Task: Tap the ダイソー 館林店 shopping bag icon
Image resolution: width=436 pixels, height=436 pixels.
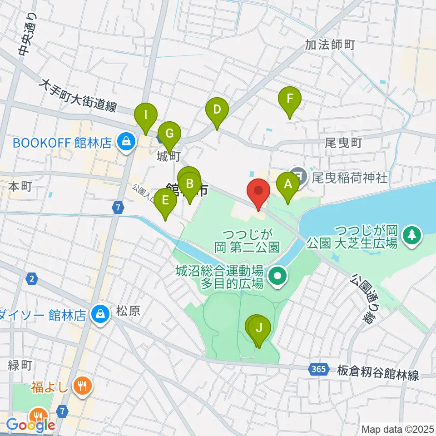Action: pos(99,314)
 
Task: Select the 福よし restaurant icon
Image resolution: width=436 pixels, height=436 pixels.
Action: pos(83,386)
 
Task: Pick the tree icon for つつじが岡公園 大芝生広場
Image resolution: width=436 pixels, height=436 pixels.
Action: pos(411,235)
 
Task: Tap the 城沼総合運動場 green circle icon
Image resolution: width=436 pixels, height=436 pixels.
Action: pos(277,275)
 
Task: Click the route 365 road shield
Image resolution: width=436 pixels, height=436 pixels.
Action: pos(319,369)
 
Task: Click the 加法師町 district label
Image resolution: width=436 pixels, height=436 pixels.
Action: pos(329,45)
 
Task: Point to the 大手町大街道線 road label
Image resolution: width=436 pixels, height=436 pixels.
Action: pos(78,96)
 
